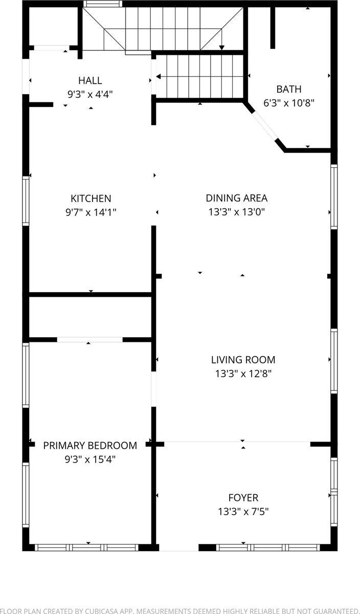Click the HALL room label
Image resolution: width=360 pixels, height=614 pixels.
coord(90,80)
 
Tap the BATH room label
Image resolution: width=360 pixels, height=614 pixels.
coord(289,89)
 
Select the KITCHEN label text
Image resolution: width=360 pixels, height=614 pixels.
coord(91,199)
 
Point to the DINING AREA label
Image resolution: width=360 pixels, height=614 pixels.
coord(236,198)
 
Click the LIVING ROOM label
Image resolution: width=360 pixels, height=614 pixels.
coord(243,360)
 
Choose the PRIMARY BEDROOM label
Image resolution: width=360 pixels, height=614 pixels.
coord(90,446)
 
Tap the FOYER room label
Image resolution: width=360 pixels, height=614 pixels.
coord(243,497)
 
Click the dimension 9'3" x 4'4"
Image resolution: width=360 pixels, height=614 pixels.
coord(90,94)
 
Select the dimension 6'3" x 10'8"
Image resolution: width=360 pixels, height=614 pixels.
coord(289,103)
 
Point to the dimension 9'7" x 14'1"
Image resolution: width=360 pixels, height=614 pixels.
coord(91,212)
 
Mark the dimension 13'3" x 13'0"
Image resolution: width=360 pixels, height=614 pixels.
coord(236,212)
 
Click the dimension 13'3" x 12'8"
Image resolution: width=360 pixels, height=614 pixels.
coord(243,374)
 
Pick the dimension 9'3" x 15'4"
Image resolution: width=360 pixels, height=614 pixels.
coord(90,459)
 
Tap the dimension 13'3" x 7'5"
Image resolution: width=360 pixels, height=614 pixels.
coord(243,511)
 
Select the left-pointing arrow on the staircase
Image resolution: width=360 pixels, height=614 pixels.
coord(159,77)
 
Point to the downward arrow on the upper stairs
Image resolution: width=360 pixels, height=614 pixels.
coord(222,47)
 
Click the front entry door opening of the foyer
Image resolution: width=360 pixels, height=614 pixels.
coord(178,547)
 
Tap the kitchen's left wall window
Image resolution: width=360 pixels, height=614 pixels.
coord(26,201)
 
